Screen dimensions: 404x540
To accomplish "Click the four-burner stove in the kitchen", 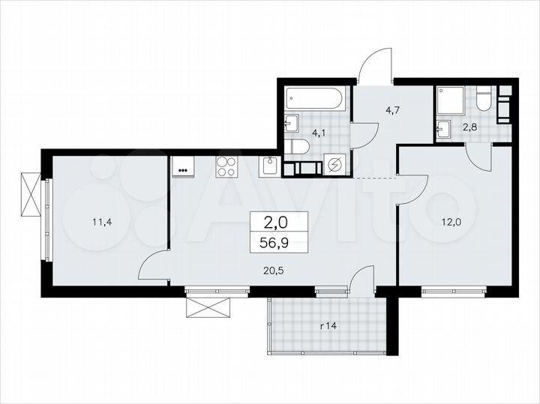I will click(x=226, y=166).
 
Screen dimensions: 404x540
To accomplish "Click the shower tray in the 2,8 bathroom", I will click(x=453, y=100).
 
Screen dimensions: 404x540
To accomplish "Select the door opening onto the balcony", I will click(x=361, y=284).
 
